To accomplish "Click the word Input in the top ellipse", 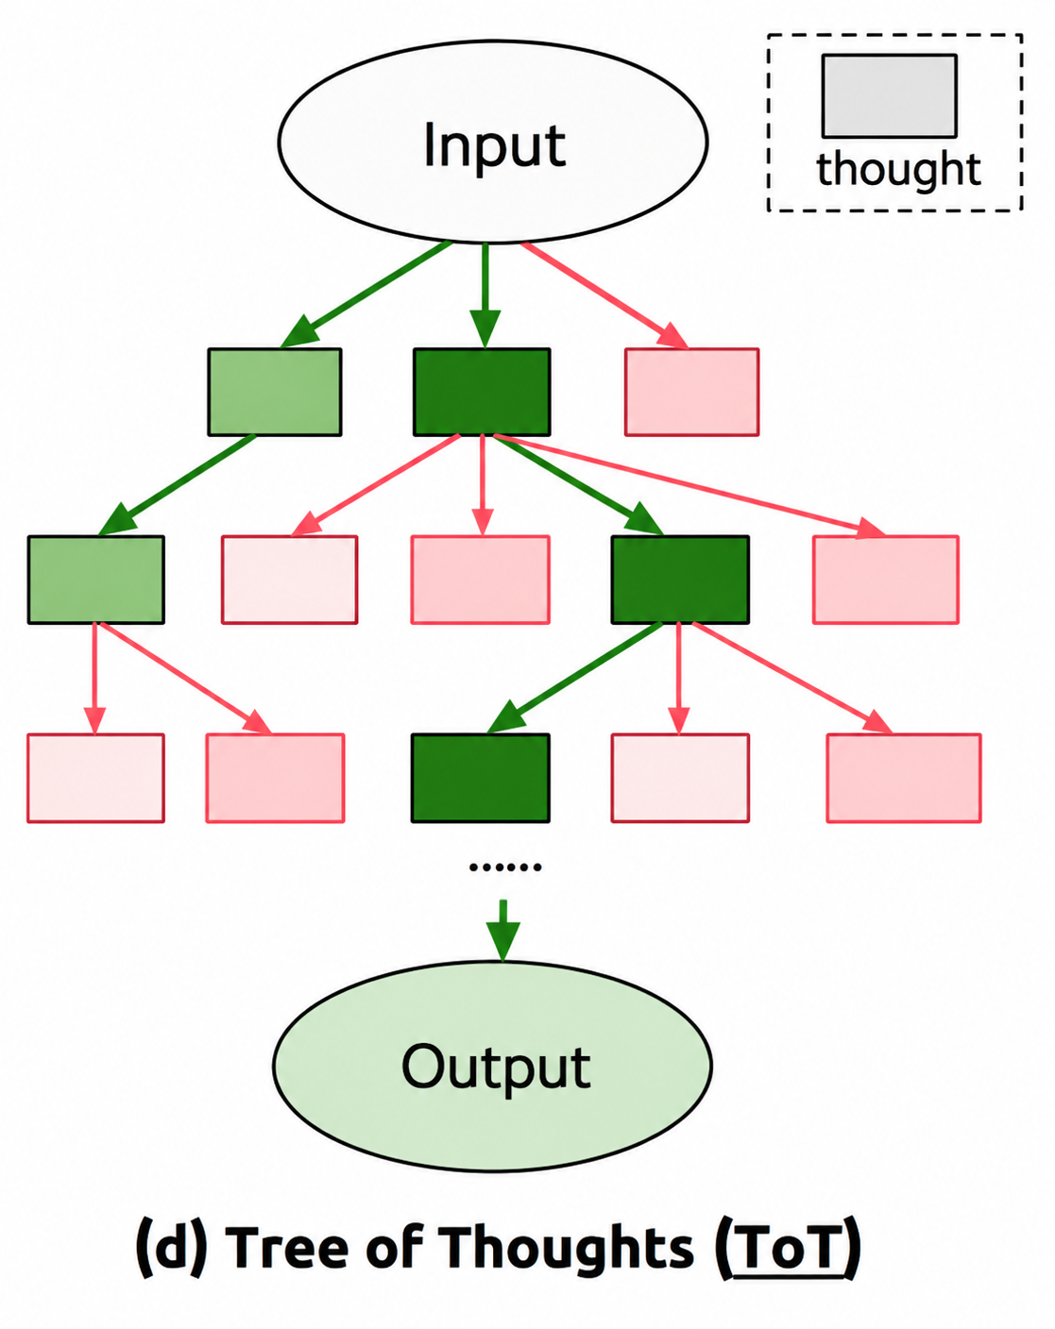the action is coord(494,145).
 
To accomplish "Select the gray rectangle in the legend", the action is coord(889,95).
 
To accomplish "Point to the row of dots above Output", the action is coord(505,867).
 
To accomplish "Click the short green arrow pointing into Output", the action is coord(503,931).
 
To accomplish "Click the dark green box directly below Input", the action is coord(482,392).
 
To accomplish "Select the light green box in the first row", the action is coord(275,392).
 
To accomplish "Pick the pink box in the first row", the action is coord(691,392).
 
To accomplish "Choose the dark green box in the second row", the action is coord(680,580).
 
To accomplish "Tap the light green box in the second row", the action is coord(95,580).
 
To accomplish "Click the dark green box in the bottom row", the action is coord(480,778).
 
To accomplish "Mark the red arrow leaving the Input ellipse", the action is coord(604,295).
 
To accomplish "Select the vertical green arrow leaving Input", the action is coord(485,295).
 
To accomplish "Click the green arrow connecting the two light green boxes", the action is coord(176,485).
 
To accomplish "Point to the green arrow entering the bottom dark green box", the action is coord(574,678).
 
